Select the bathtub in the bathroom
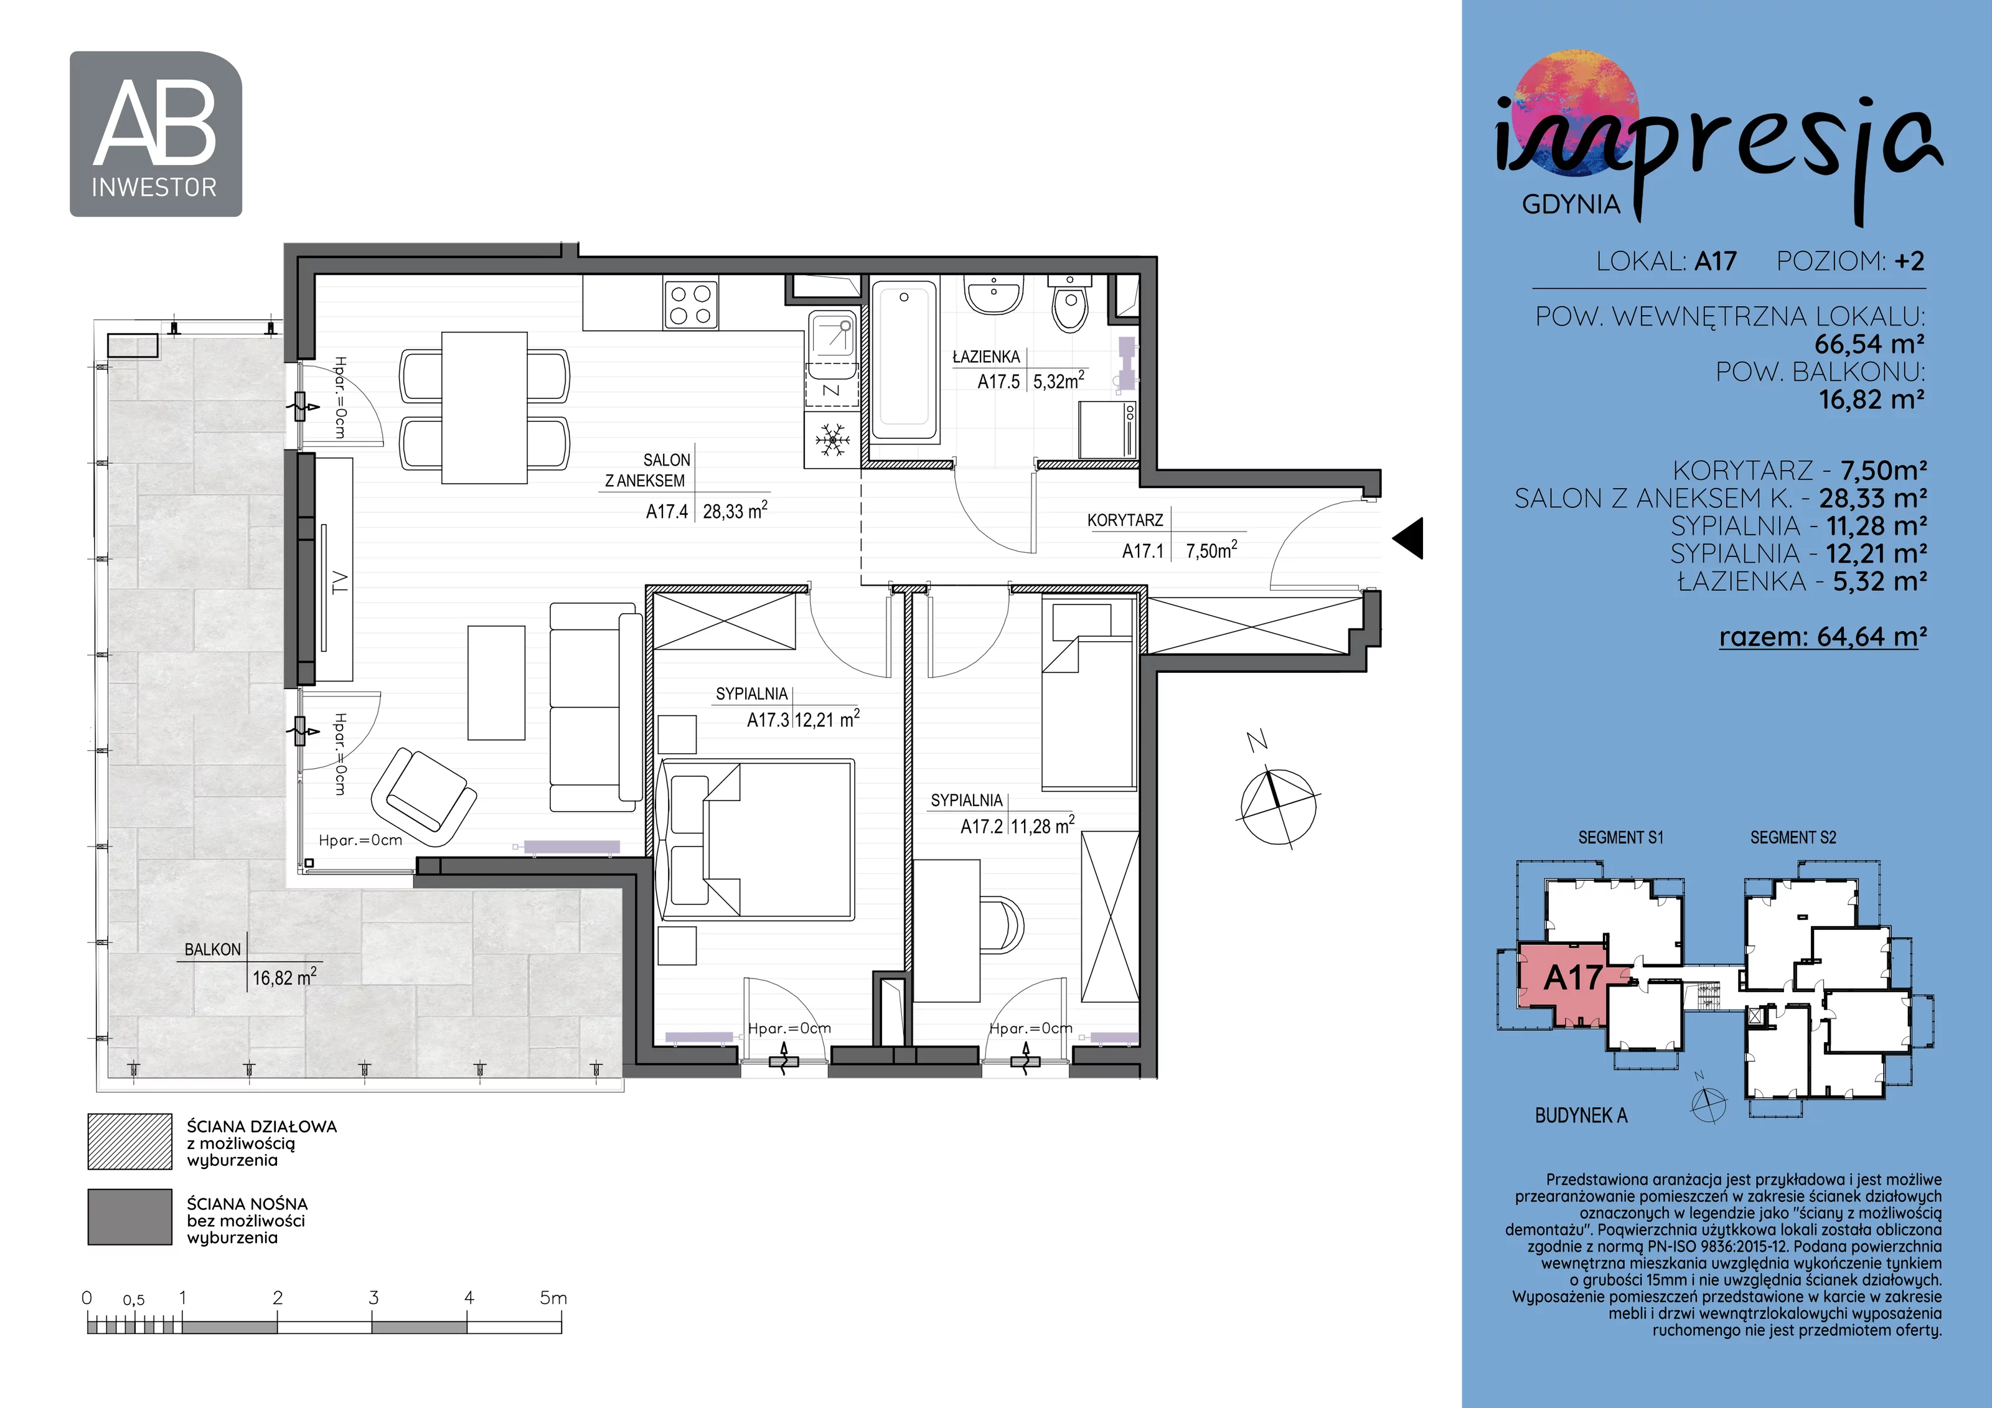pos(904,362)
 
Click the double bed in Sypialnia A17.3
pos(756,839)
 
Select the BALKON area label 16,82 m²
pos(284,978)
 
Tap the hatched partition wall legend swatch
pos(130,1142)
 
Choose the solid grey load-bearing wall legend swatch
pos(130,1217)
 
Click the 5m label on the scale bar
pos(553,1298)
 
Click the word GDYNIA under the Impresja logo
pos(1571,205)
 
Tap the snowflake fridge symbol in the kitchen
pos(832,440)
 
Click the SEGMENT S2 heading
pos(1793,837)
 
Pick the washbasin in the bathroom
pos(994,295)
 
